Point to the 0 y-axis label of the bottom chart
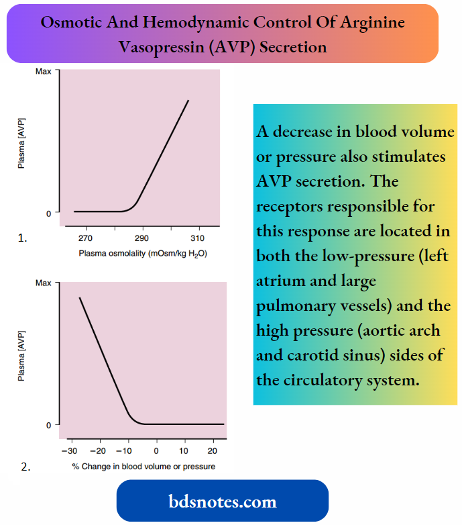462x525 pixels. point(48,425)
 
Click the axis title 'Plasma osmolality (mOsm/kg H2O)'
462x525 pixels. point(141,254)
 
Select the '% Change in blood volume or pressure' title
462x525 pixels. point(143,467)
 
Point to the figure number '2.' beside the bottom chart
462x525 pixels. point(25,468)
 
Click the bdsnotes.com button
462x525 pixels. point(222,501)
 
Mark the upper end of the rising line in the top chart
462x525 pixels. point(188,101)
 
